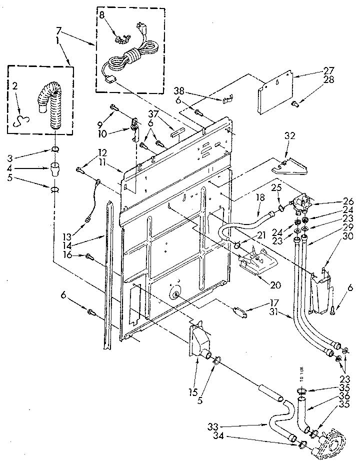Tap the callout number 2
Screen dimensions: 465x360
click(x=15, y=86)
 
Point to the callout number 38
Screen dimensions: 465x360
click(x=179, y=90)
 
